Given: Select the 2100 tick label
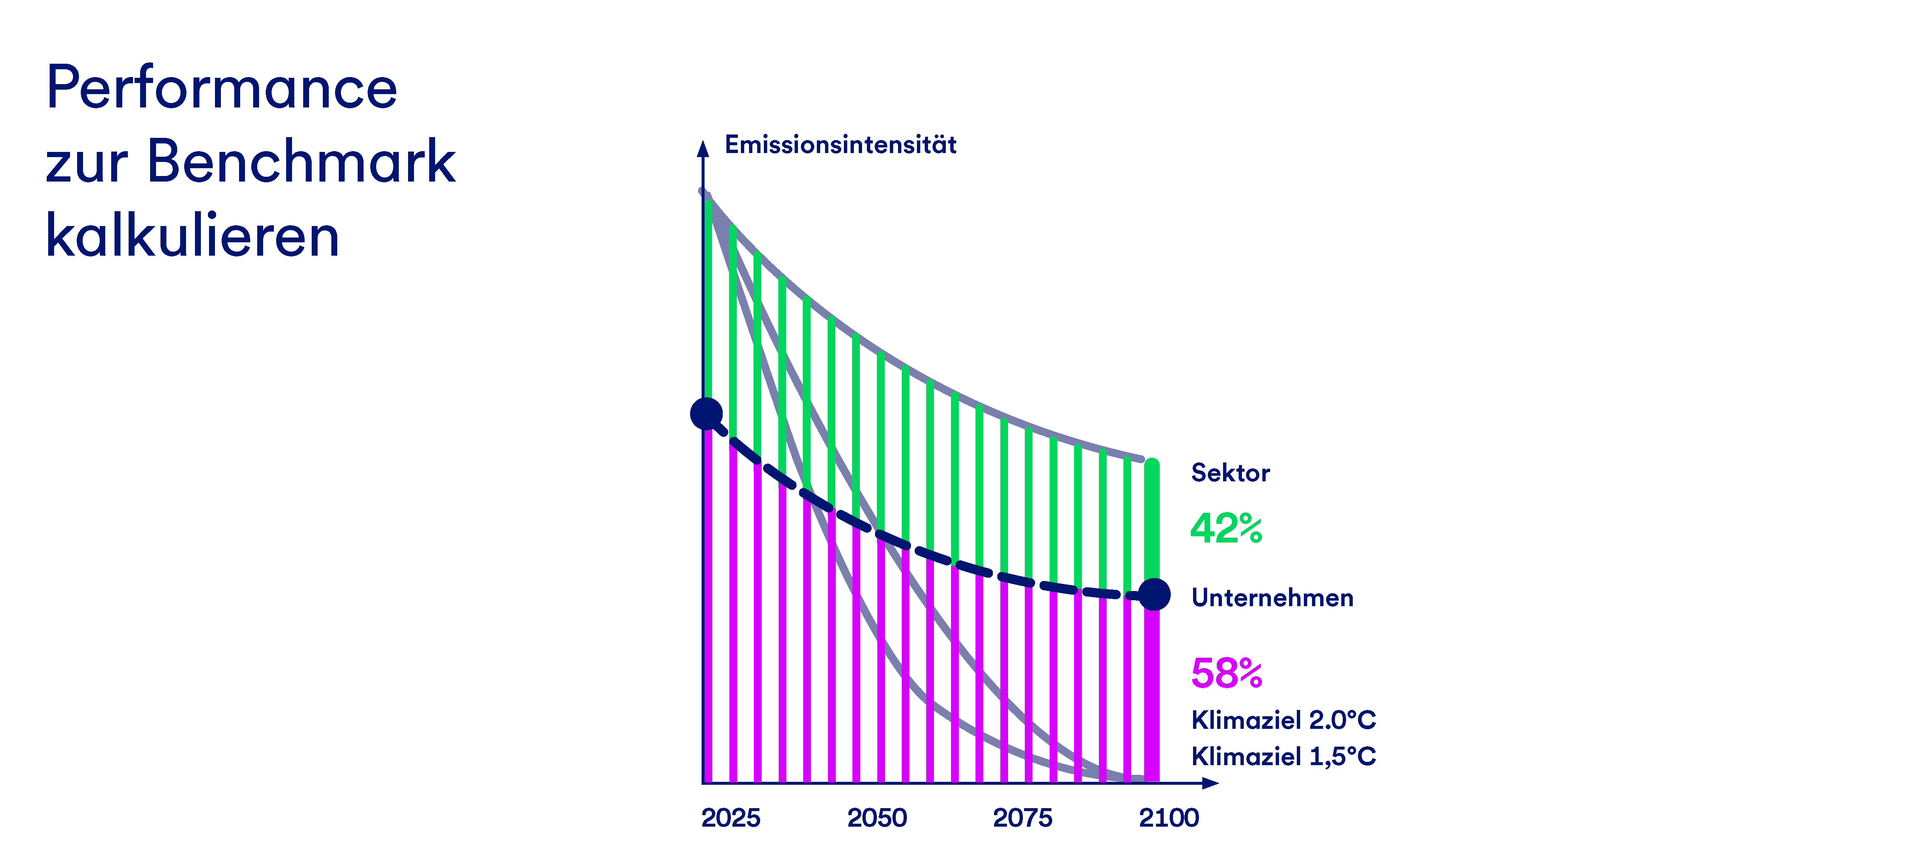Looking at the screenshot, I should click(x=1169, y=818).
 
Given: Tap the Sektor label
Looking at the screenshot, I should click(x=1230, y=473).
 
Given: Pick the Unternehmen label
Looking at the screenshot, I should click(x=1272, y=598).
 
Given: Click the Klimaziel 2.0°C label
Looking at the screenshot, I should click(x=1283, y=720).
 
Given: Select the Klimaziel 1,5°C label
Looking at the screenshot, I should click(x=1283, y=757).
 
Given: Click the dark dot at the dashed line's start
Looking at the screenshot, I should click(x=706, y=413).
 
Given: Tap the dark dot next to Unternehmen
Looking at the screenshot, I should click(x=1154, y=595).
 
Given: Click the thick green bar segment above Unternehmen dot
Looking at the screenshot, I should click(x=1152, y=520).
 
